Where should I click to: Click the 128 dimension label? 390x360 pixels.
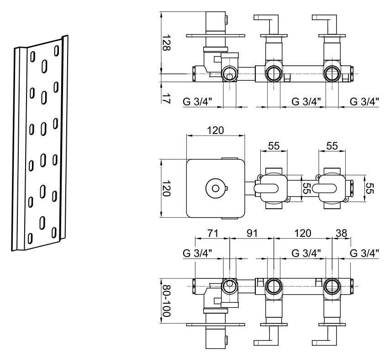click(x=166, y=42)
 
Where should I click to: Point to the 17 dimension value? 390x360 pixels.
click(x=166, y=99)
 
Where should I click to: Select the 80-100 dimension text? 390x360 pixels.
click(x=166, y=301)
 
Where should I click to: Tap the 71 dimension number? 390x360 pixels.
click(x=212, y=233)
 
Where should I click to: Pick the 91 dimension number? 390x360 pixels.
click(x=252, y=233)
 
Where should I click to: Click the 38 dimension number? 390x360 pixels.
click(x=341, y=233)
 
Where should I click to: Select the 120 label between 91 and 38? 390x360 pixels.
click(x=303, y=233)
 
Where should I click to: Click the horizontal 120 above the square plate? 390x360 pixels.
click(x=216, y=130)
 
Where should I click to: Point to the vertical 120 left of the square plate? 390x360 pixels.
click(x=166, y=188)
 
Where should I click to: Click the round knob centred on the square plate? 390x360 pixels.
click(x=216, y=188)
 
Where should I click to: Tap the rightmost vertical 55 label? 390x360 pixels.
click(x=370, y=188)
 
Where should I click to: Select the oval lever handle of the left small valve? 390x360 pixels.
click(x=266, y=188)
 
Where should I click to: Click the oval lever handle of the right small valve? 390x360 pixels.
click(x=324, y=188)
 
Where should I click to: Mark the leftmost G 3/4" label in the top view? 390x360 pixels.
click(x=197, y=101)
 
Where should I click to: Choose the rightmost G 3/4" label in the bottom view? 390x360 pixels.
click(x=364, y=253)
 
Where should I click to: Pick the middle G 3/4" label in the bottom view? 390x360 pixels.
click(x=306, y=253)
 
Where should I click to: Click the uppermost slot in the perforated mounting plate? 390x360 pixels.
click(x=57, y=51)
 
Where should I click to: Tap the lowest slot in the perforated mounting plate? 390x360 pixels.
click(x=30, y=239)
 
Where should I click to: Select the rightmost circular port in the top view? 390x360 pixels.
click(x=332, y=74)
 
